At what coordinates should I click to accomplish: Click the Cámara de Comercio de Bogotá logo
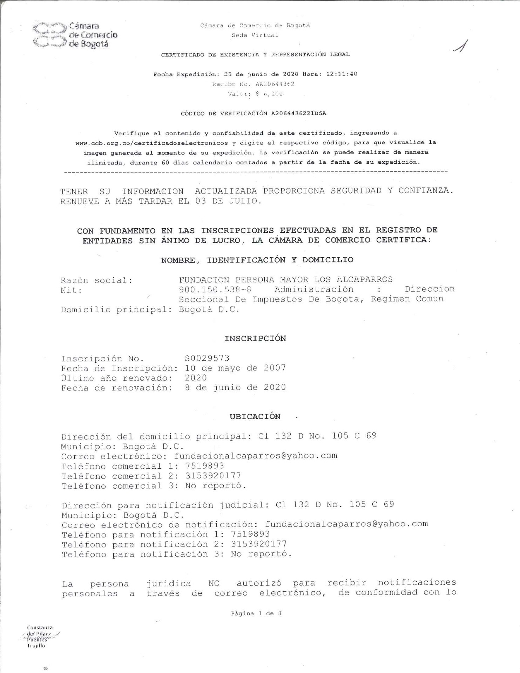click(75, 35)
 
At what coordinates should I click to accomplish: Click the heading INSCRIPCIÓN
click(255, 338)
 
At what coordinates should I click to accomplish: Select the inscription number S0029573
click(207, 358)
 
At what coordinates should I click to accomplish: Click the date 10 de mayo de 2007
click(235, 368)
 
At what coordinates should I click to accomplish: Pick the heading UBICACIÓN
click(255, 416)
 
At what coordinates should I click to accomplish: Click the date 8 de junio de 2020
click(235, 387)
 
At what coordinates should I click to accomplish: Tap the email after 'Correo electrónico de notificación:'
click(346, 524)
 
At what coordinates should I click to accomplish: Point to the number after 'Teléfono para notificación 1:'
click(250, 534)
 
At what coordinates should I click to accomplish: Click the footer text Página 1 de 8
click(256, 613)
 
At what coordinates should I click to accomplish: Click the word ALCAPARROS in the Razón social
click(365, 280)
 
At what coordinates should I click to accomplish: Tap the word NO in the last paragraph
click(214, 584)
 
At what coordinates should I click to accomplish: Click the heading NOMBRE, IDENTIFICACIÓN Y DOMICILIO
click(257, 260)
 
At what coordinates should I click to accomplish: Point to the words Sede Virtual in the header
click(255, 35)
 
